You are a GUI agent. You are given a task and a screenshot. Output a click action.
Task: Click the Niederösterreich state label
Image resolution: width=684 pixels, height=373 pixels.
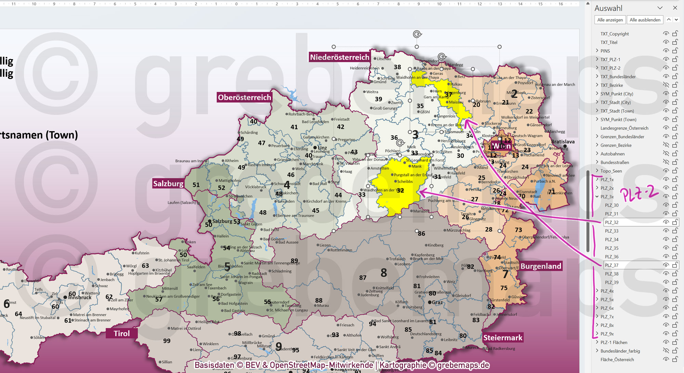pyautogui.click(x=339, y=57)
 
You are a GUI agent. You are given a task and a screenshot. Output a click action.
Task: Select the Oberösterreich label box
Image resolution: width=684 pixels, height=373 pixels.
pyautogui.click(x=244, y=98)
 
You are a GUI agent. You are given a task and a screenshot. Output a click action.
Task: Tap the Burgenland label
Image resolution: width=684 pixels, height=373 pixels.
pyautogui.click(x=541, y=266)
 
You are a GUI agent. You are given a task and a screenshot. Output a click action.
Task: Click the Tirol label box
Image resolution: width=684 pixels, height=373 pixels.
pyautogui.click(x=122, y=334)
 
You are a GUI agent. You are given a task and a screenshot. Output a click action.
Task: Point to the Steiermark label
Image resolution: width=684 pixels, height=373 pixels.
pyautogui.click(x=503, y=338)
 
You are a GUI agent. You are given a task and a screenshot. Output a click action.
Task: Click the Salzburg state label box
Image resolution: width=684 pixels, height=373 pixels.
pyautogui.click(x=168, y=184)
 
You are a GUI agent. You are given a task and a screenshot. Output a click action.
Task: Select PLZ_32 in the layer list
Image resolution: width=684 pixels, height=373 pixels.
pyautogui.click(x=611, y=223)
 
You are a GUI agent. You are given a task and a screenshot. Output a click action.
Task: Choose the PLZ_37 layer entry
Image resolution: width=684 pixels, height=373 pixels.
pyautogui.click(x=611, y=265)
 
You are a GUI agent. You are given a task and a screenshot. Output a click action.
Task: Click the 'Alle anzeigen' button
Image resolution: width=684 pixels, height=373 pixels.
pyautogui.click(x=610, y=20)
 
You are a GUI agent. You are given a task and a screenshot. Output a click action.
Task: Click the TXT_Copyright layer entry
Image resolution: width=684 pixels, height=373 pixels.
pyautogui.click(x=615, y=34)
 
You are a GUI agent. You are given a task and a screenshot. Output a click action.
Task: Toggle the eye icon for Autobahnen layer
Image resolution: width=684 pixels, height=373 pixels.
pyautogui.click(x=666, y=154)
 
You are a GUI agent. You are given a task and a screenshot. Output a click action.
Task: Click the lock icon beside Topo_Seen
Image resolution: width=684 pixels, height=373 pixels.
pyautogui.click(x=675, y=171)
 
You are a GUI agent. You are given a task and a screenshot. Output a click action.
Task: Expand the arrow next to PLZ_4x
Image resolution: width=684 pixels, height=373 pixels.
pyautogui.click(x=597, y=291)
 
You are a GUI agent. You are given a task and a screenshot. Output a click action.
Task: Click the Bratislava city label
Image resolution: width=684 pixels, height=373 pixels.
pyautogui.click(x=563, y=142)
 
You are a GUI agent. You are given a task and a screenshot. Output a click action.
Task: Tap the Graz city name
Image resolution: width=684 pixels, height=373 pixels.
pyautogui.click(x=437, y=302)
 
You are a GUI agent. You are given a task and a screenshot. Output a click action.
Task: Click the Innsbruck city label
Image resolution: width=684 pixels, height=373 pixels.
pyautogui.click(x=80, y=297)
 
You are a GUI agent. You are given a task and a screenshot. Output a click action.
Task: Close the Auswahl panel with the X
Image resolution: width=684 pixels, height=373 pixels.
pyautogui.click(x=675, y=8)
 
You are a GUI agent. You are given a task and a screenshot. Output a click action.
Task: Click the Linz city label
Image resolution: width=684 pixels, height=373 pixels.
pyautogui.click(x=322, y=148)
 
